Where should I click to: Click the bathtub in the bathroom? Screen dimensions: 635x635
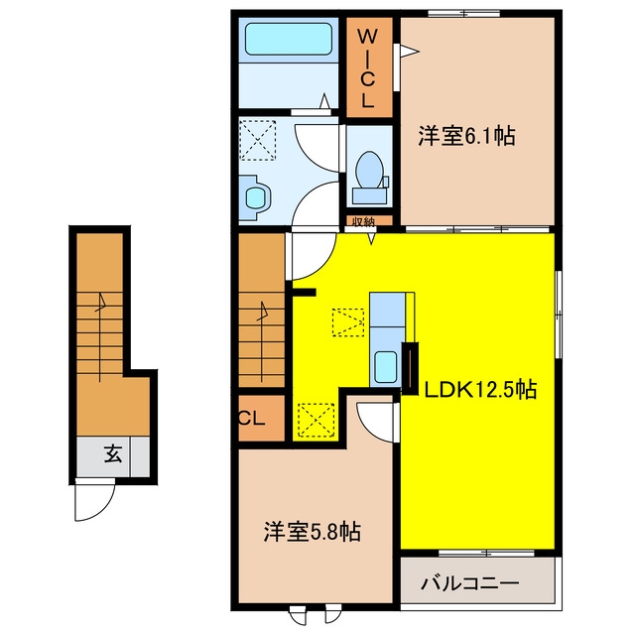pos(289,39)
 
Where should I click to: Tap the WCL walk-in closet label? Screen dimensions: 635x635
pos(368,68)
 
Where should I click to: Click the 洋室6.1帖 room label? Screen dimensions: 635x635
pos(467,136)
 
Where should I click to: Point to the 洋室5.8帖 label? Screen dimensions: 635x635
pos(313,532)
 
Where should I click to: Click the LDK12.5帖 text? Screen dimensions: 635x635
pos(480,390)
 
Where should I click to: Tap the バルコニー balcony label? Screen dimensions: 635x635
pos(469,583)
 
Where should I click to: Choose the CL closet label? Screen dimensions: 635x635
pos(252,419)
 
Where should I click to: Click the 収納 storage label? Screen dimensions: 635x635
pos(363,221)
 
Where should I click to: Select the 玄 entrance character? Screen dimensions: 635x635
pos(113,454)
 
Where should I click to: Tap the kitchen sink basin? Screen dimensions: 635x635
pos(386,367)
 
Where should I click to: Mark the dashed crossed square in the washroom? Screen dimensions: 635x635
pos(258,140)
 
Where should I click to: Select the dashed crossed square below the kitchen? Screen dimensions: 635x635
pos(317,421)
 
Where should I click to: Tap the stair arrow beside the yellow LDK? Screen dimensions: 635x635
pos(262,341)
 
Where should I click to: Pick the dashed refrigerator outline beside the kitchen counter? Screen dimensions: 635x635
pos(348,322)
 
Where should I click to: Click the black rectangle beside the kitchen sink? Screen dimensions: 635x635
pos(410,368)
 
